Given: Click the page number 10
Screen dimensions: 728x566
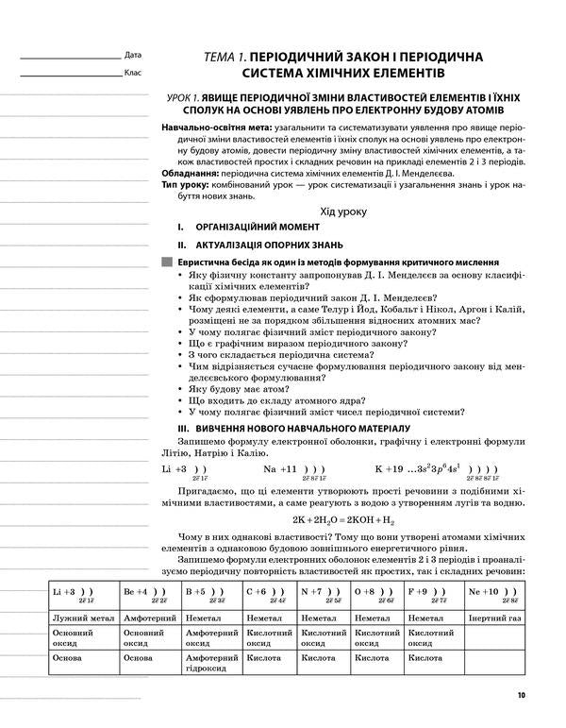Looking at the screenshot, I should [x=522, y=697].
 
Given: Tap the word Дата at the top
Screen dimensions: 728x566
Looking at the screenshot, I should [x=132, y=55].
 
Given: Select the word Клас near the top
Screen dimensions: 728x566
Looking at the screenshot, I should [x=132, y=72].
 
